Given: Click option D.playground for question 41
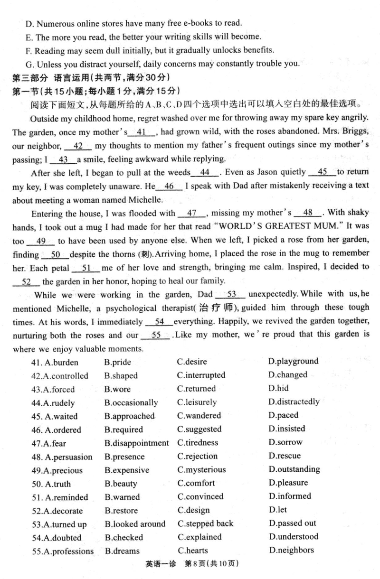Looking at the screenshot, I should click(293, 361).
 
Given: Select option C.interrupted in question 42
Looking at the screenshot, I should click(201, 375).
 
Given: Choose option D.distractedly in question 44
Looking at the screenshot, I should click(294, 402).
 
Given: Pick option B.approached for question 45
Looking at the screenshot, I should click(130, 416).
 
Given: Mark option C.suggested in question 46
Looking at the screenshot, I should click(199, 429).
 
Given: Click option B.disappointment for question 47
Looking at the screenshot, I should click(137, 443).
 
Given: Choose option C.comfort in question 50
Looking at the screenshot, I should click(196, 483).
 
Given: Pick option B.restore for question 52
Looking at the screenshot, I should click(122, 511).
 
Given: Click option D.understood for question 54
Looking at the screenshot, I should click(293, 537).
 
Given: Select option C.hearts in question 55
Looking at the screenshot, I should click(192, 551).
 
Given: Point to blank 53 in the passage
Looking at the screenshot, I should click(232, 294).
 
